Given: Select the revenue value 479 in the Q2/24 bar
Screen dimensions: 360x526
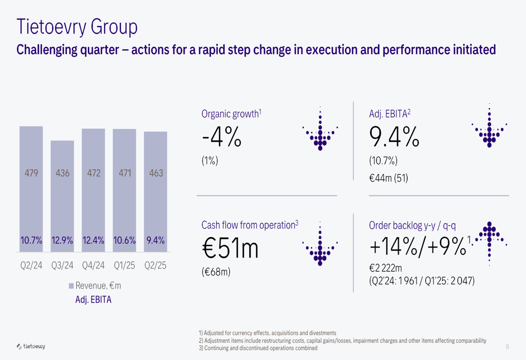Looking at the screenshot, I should pyautogui.click(x=32, y=172).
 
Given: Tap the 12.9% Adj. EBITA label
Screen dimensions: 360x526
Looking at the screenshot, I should pyautogui.click(x=62, y=241).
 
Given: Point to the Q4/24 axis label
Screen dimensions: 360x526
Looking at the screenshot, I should pyautogui.click(x=94, y=265).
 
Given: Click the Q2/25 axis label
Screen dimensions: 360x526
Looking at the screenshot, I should pyautogui.click(x=156, y=265).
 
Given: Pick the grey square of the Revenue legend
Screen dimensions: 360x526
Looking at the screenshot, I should pyautogui.click(x=71, y=286).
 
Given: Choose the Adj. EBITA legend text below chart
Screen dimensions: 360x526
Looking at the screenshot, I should pyautogui.click(x=93, y=300).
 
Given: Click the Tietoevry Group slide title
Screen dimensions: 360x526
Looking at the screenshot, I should pyautogui.click(x=77, y=26).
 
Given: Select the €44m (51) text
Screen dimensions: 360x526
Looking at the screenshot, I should pyautogui.click(x=388, y=178).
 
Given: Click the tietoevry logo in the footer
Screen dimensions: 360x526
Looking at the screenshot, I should pyautogui.click(x=31, y=346).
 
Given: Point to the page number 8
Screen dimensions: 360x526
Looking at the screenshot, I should pyautogui.click(x=507, y=346).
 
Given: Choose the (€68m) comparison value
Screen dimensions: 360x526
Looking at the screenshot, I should pyautogui.click(x=216, y=272).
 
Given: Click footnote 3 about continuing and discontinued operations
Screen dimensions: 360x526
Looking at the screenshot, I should pyautogui.click(x=258, y=348).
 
